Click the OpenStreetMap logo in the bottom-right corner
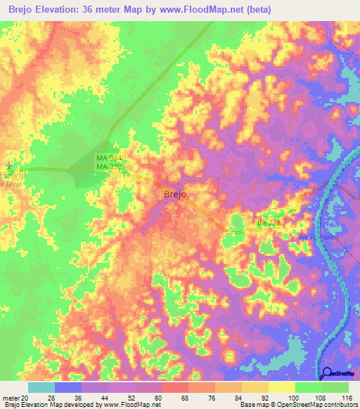coord(340,374)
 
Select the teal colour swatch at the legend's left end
coord(41,387)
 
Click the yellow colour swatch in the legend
coord(281,387)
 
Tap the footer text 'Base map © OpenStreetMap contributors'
coord(297,405)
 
